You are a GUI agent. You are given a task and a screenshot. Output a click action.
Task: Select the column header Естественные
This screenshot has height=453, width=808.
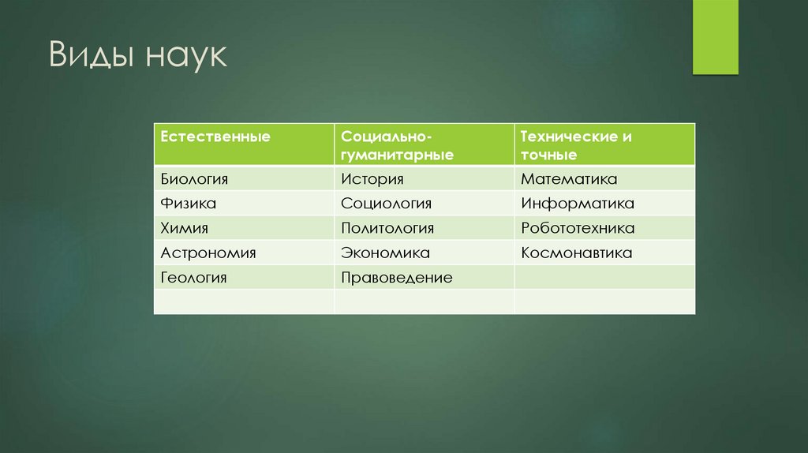215,137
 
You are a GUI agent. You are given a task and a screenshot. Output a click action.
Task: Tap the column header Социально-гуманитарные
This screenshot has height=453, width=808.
397,145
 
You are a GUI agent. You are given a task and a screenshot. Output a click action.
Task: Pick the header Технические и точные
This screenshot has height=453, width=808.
576,145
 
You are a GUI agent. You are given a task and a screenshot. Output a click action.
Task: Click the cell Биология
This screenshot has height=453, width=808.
194,179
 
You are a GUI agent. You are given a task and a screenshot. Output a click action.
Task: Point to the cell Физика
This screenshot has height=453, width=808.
189,204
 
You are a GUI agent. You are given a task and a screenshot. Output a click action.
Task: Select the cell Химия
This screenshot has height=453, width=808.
185,228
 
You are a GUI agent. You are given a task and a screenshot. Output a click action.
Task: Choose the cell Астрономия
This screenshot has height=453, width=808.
208,253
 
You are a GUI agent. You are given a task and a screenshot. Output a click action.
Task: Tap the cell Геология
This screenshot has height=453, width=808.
194,278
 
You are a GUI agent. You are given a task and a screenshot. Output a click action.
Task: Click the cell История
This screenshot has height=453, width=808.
372,179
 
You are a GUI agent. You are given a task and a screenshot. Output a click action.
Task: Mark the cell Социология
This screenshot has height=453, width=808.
386,204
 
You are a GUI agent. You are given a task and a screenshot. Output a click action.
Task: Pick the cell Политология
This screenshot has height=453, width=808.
387,228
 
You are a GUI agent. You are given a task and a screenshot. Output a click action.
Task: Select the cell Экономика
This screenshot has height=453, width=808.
385,253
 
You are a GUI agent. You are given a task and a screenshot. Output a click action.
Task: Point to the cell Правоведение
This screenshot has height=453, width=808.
396,278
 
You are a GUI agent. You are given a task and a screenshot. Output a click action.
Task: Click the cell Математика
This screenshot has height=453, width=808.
568,179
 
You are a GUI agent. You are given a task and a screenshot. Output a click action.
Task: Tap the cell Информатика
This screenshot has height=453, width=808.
577,204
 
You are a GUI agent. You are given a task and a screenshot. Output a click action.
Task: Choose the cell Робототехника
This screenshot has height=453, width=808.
577,228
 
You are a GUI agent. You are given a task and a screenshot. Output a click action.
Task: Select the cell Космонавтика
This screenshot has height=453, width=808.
576,253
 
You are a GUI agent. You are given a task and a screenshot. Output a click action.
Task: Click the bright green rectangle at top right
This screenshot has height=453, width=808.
715,36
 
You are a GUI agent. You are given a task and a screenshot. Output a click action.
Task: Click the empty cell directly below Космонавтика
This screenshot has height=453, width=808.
604,278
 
